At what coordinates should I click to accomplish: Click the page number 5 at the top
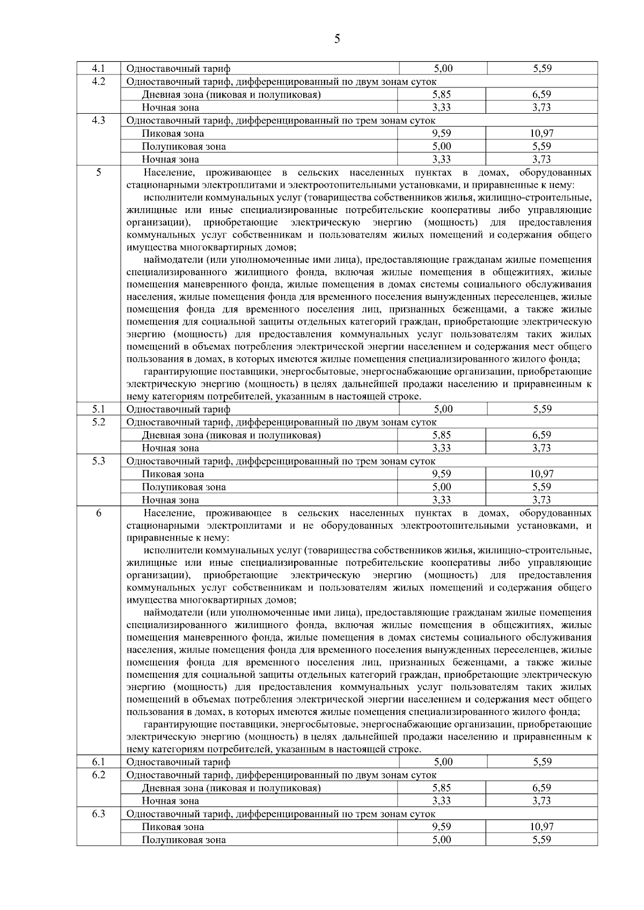click(336, 38)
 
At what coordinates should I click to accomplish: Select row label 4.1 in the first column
click(98, 69)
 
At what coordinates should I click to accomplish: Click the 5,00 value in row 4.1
click(443, 69)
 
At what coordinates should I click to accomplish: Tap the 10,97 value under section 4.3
click(542, 134)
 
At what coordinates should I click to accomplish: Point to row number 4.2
click(98, 82)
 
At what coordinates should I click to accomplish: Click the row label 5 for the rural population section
click(98, 173)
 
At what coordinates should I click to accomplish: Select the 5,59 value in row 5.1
click(542, 409)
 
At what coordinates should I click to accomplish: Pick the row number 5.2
click(98, 422)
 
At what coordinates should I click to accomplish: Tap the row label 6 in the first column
click(98, 513)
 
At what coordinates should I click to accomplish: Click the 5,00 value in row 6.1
click(443, 762)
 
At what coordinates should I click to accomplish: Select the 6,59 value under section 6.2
click(542, 788)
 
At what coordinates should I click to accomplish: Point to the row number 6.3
click(98, 814)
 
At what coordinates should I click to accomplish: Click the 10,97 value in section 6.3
click(542, 827)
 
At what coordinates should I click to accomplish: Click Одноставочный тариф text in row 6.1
click(178, 762)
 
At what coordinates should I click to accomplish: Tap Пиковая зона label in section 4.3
click(173, 134)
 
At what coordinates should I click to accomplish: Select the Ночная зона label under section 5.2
click(170, 448)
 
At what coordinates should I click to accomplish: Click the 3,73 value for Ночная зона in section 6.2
click(542, 801)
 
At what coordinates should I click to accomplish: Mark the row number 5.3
click(98, 461)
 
